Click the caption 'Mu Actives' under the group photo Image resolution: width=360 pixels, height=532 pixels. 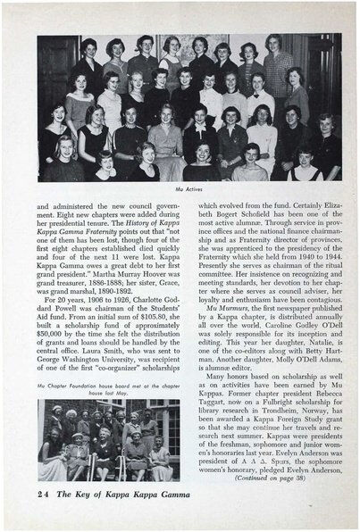tap(188, 188)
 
